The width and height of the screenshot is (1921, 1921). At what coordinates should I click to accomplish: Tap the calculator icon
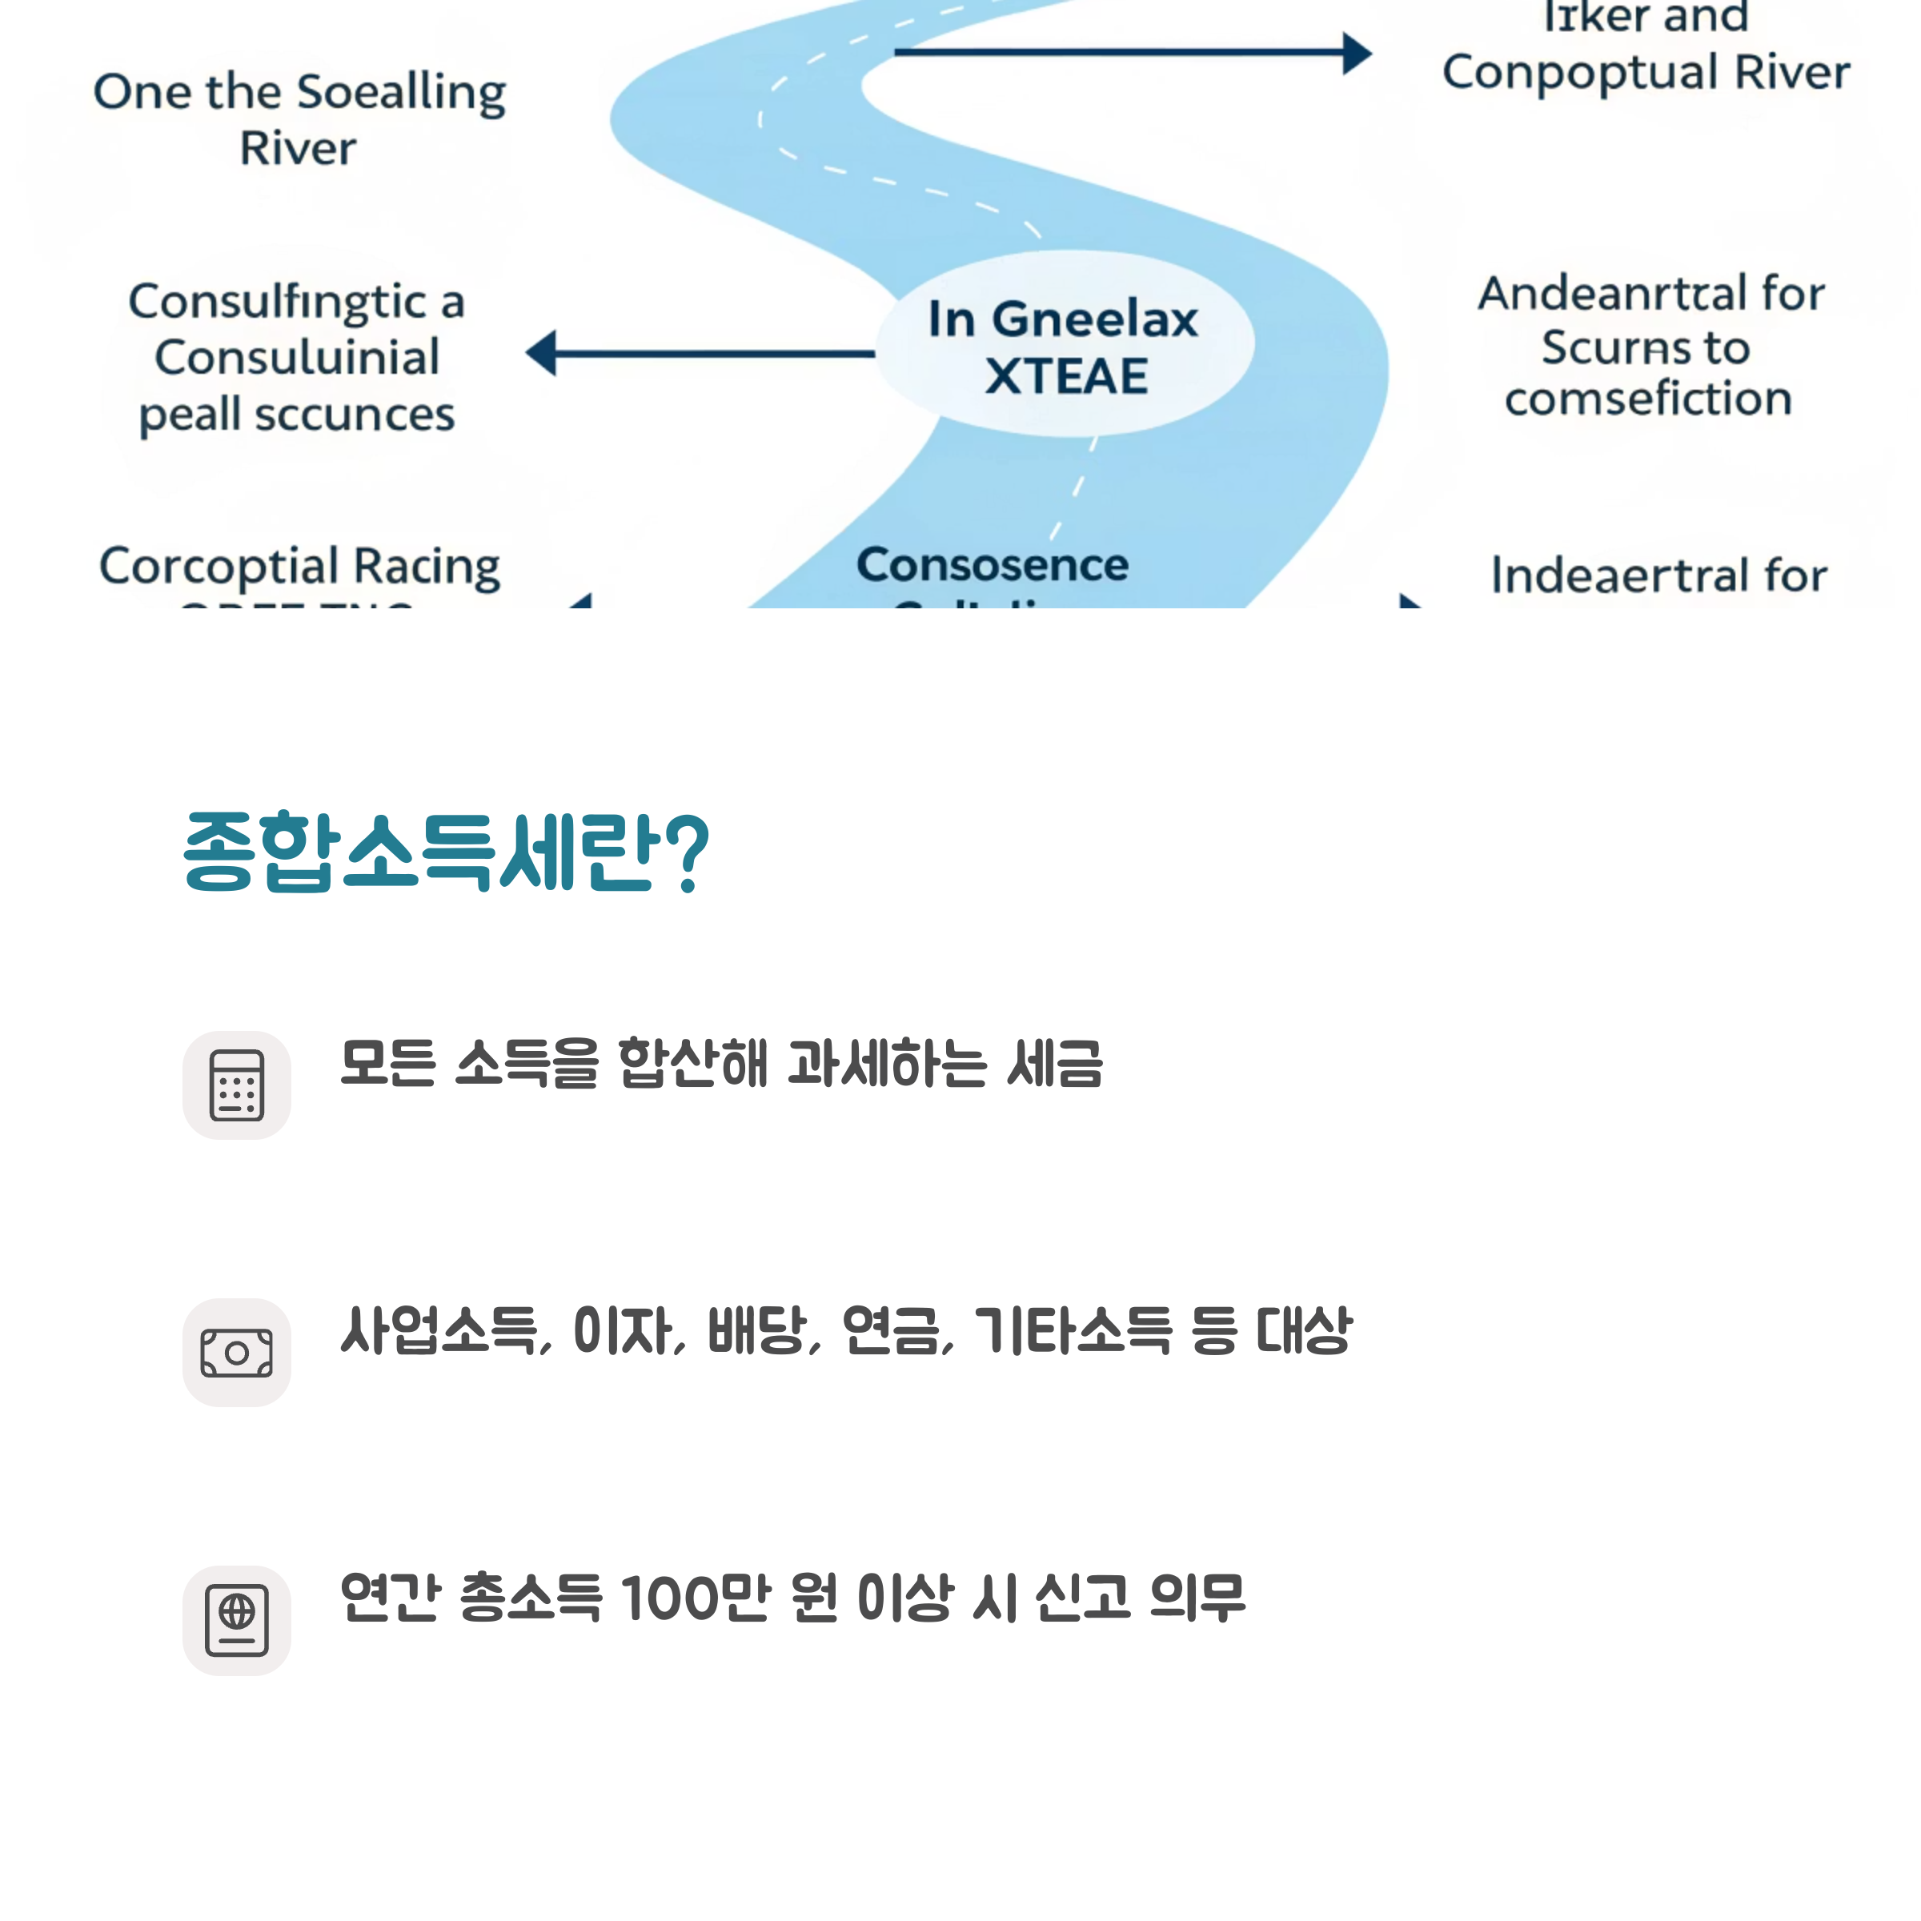(x=237, y=1085)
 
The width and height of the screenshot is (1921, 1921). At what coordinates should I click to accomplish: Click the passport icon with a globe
(x=237, y=1621)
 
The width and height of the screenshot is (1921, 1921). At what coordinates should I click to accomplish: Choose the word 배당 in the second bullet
(x=756, y=1330)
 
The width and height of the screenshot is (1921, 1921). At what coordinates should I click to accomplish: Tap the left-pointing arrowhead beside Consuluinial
(x=542, y=353)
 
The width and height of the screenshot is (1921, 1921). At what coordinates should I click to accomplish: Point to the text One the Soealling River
(x=299, y=118)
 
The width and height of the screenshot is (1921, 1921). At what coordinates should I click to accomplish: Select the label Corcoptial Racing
(x=299, y=567)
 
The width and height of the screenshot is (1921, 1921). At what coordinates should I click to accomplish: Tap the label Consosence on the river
(x=993, y=565)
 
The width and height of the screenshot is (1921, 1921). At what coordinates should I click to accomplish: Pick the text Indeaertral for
(x=1658, y=575)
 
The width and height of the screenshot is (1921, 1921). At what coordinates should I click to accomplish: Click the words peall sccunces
(x=296, y=415)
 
